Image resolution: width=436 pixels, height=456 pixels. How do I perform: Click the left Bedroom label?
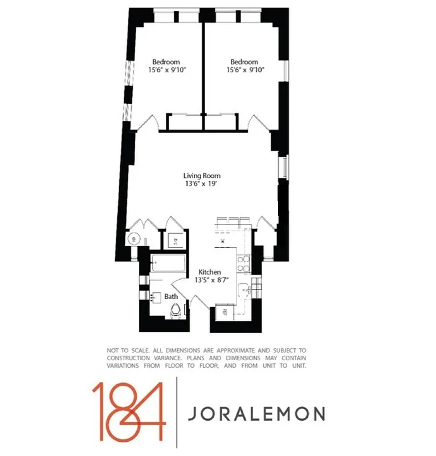pos(166,62)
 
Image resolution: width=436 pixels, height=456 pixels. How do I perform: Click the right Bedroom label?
pos(244,62)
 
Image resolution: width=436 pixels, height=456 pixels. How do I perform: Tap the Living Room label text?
pos(202,176)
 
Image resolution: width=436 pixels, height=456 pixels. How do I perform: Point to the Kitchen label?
pos(209,272)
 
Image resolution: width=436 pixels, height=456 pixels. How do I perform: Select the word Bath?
pos(171,296)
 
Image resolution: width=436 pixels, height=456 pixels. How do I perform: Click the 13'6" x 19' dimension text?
pos(202,184)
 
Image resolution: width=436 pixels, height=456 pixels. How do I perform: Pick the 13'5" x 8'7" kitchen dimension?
pos(209,280)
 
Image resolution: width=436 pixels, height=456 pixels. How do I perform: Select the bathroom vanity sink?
pos(155,297)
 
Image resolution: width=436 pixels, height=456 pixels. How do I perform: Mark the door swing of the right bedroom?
pos(255,121)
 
